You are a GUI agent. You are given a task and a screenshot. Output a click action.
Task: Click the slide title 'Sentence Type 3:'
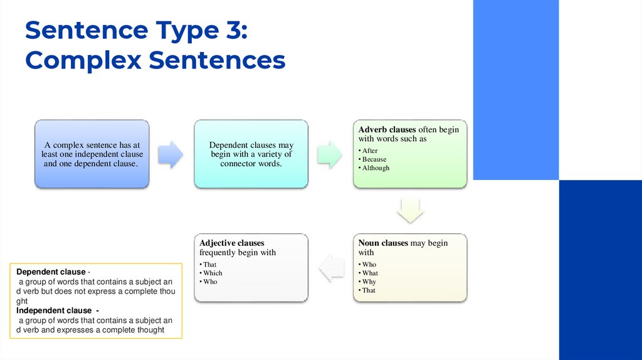pos(136,31)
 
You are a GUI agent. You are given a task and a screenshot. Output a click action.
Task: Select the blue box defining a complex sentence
pos(92,154)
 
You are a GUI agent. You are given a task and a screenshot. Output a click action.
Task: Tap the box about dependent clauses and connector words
pos(251,154)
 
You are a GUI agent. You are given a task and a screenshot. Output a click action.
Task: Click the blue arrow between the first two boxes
pos(170,154)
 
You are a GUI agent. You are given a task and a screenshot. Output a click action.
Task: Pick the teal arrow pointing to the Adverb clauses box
pos(329,154)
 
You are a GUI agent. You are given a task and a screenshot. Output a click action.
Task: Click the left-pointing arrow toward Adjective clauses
pos(332,269)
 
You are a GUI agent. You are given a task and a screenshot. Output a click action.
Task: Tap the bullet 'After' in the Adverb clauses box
pos(370,151)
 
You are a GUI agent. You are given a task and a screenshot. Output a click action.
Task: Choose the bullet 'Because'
pos(374,159)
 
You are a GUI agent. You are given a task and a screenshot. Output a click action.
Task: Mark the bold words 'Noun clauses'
pos(383,243)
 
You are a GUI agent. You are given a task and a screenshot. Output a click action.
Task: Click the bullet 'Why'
pos(369,282)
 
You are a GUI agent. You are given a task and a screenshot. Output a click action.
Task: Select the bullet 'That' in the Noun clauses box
pos(369,291)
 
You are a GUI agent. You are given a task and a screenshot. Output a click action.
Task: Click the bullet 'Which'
pos(213,273)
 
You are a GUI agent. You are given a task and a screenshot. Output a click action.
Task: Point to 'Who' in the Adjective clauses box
pos(210,282)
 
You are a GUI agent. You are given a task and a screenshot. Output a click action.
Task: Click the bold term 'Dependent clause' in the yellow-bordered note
pos(51,272)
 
